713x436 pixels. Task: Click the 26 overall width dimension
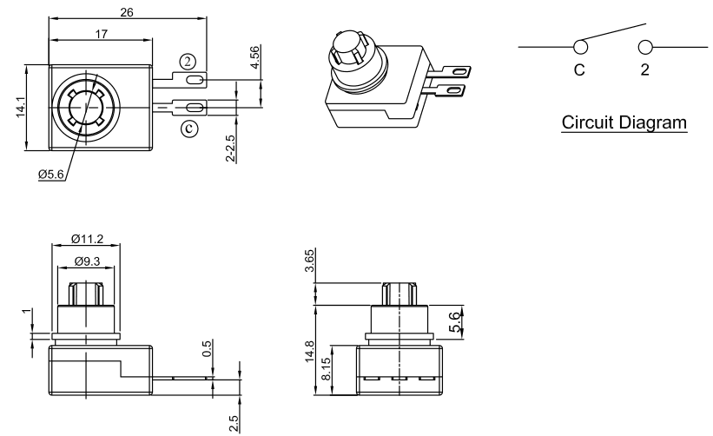pos(127,12)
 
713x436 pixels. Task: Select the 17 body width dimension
pos(101,34)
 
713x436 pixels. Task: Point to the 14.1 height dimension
pos(22,108)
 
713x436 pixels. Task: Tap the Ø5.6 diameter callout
pos(51,174)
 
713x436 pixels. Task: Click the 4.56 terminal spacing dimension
pos(255,57)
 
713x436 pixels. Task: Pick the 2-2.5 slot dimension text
pos(230,149)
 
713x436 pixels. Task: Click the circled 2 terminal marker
pos(188,62)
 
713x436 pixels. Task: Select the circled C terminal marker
pos(189,129)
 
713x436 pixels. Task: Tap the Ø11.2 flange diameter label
pos(88,239)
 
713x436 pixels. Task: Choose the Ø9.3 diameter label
pos(87,261)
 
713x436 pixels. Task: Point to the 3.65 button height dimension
pos(310,261)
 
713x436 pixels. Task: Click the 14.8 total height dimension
pos(310,351)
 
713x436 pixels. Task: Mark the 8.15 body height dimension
pos(326,369)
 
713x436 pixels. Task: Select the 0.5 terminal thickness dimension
pos(207,348)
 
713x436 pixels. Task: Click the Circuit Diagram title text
pos(624,122)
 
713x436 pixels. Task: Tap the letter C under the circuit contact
pos(579,70)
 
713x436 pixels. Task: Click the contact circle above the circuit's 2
pos(645,47)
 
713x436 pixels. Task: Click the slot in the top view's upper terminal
pos(195,81)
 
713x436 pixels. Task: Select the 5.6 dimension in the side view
pos(455,322)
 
